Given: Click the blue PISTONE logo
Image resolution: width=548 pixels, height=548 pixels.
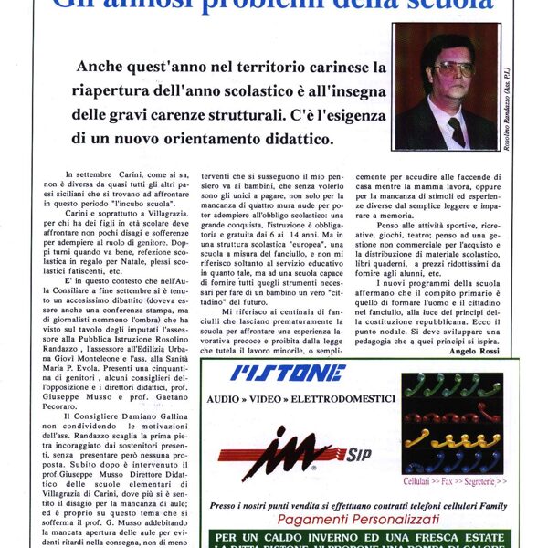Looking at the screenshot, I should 288,373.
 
